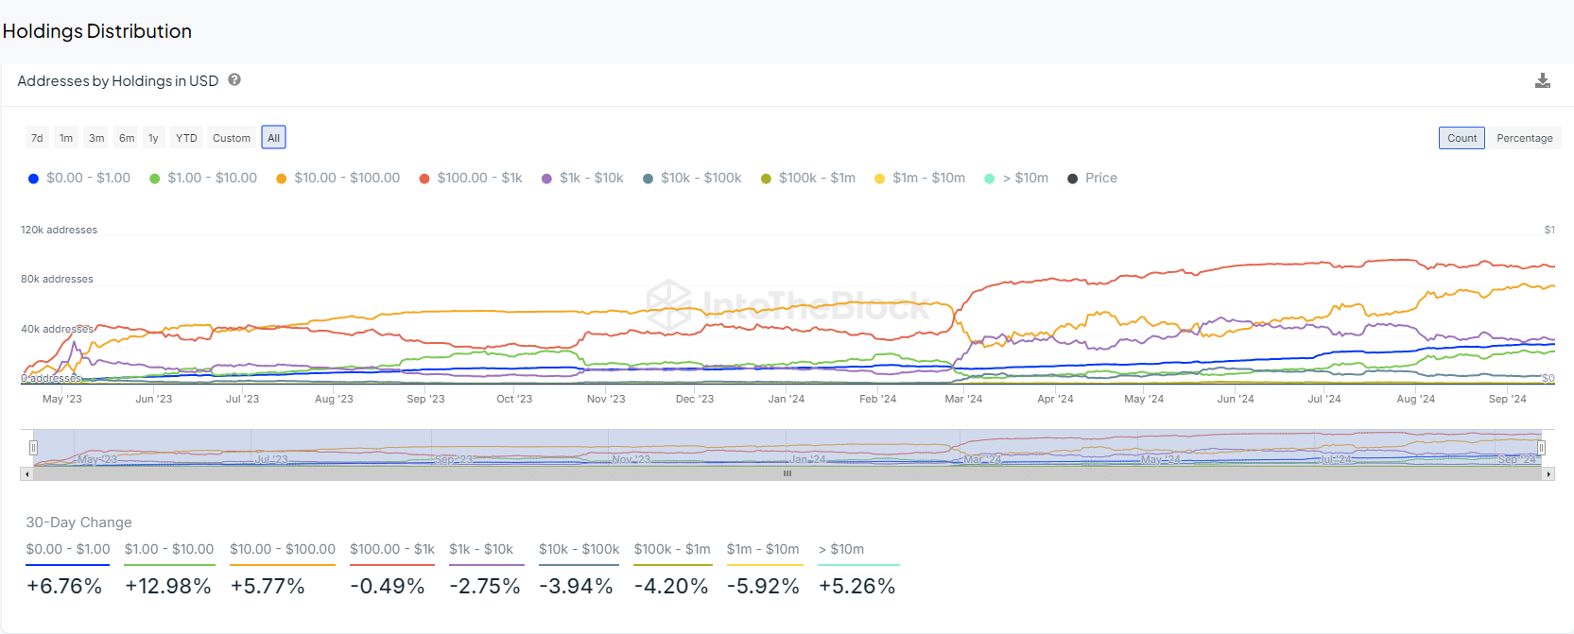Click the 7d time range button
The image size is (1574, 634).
pos(37,138)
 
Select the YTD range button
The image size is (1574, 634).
pos(186,138)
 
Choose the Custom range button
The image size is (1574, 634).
pos(232,138)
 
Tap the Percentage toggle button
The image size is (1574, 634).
pos(1524,138)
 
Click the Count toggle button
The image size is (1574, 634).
pos(1462,138)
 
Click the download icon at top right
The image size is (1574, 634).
pos(1542,81)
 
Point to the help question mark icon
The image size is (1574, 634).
pos(234,80)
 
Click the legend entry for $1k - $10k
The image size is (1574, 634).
pos(582,178)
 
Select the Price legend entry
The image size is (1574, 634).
pos(1093,178)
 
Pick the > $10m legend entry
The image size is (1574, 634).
pos(1017,178)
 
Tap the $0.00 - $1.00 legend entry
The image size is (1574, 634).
pos(79,178)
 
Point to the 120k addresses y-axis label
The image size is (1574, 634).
pos(59,230)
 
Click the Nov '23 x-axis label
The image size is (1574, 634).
pos(606,399)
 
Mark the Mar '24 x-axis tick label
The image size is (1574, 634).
pos(963,399)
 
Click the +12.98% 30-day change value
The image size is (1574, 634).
pos(168,586)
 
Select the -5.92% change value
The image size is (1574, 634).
pos(763,586)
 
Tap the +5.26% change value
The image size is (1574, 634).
pos(856,586)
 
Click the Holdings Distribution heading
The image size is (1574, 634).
pos(97,31)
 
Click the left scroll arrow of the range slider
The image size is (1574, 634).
pos(26,474)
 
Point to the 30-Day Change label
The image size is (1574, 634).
pos(78,523)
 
